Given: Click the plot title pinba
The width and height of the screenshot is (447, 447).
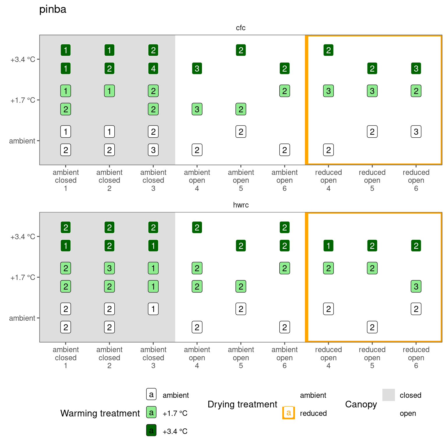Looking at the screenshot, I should pyautogui.click(x=53, y=9).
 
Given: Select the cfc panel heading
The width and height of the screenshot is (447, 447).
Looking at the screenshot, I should pyautogui.click(x=241, y=28).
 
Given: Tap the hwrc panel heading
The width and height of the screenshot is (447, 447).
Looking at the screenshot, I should pyautogui.click(x=241, y=205).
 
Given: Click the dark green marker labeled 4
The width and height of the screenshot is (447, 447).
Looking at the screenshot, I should pyautogui.click(x=153, y=69).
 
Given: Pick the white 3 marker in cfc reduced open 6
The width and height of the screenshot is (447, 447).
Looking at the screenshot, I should pyautogui.click(x=416, y=132).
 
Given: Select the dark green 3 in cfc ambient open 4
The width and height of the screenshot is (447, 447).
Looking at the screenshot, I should pyautogui.click(x=197, y=69).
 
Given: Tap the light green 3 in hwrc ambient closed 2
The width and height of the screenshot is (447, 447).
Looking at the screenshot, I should pyautogui.click(x=109, y=268).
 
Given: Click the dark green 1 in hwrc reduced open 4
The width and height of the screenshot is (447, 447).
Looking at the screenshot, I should pyautogui.click(x=328, y=246).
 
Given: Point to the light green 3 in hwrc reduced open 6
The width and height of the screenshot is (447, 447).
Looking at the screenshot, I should pyautogui.click(x=416, y=287).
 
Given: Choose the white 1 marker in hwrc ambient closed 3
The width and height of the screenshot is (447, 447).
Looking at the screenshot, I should pyautogui.click(x=153, y=309).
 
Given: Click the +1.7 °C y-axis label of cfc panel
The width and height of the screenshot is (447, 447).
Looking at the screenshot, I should pyautogui.click(x=23, y=100).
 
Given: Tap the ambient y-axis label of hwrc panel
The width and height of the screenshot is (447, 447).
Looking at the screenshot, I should pyautogui.click(x=22, y=318).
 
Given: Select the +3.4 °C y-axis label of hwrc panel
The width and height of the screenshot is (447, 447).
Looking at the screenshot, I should pyautogui.click(x=23, y=237).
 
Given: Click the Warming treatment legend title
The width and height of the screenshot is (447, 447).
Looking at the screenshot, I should pyautogui.click(x=100, y=413).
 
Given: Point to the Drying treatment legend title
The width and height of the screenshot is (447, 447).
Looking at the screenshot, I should pyautogui.click(x=242, y=404).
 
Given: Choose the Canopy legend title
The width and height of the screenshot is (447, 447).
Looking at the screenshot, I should pyautogui.click(x=361, y=404).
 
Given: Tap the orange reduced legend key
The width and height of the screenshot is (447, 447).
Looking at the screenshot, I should pyautogui.click(x=288, y=413).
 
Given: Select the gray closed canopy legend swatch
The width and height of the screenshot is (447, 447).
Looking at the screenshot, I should pyautogui.click(x=389, y=395).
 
